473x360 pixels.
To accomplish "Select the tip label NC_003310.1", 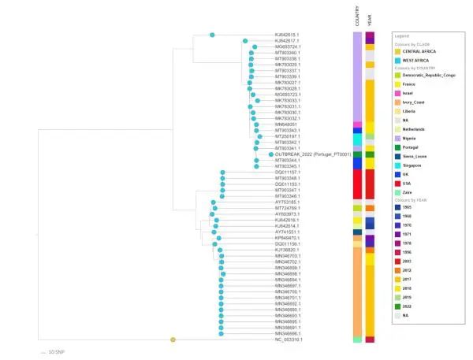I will [289, 340].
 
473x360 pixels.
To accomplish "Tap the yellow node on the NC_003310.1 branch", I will [173, 340].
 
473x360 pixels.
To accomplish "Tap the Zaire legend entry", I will [415, 191].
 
